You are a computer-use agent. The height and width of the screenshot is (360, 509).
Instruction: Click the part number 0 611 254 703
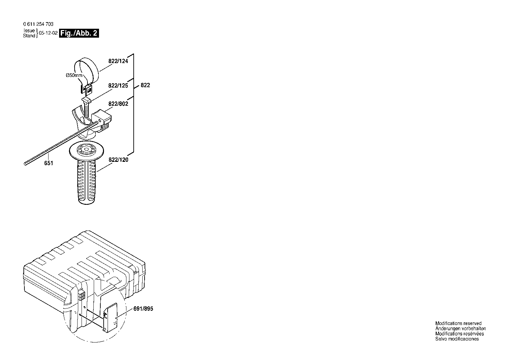pos(38,24)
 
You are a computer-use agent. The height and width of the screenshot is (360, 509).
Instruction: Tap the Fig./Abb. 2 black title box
pos(79,33)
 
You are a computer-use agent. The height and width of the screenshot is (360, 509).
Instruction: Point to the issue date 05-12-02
pos(48,33)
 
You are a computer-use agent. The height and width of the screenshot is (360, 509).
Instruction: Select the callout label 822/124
pos(118,61)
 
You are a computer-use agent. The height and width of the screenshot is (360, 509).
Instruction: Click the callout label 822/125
pos(118,86)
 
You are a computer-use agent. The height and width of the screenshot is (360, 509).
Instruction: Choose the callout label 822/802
pos(118,104)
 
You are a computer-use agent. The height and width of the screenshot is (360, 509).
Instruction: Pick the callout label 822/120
pos(119,160)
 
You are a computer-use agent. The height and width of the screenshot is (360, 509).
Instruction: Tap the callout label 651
pos(49,163)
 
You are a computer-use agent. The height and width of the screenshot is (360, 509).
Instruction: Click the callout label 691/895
pos(143,308)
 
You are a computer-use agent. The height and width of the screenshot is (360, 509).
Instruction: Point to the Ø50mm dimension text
pos(74,75)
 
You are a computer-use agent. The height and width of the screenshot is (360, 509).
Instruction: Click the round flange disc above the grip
pos(86,150)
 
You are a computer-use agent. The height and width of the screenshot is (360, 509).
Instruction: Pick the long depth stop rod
pos(61,143)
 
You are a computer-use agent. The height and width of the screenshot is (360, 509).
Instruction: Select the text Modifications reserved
pos(458,323)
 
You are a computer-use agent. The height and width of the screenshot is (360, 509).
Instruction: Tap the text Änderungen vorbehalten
pos(460,328)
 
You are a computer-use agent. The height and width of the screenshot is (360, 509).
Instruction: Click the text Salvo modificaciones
pos(457,339)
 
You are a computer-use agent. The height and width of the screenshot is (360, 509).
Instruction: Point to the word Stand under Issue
pos(29,36)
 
